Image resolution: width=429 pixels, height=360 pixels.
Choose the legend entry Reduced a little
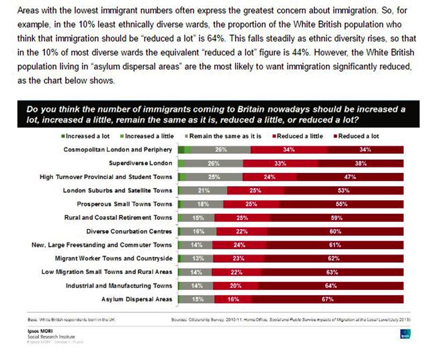tap(299, 136)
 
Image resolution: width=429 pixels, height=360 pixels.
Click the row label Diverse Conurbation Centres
tap(129, 231)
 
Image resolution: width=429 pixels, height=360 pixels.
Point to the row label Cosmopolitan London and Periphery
tap(118, 149)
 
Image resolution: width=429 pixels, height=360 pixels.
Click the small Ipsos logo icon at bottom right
tap(405, 334)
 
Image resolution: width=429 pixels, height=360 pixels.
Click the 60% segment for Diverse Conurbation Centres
tap(336, 231)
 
